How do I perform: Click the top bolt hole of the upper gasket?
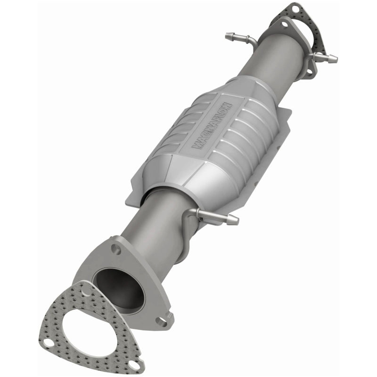pyautogui.click(x=295, y=8)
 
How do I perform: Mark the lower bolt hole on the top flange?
pyautogui.click(x=310, y=73)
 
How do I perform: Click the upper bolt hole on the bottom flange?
pyautogui.click(x=115, y=247)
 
